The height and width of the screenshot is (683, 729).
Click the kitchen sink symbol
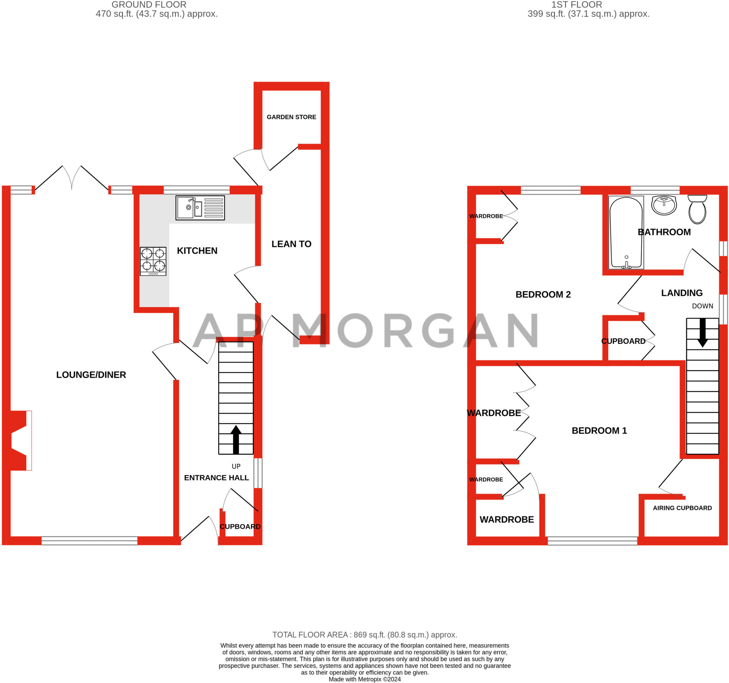point(200,208)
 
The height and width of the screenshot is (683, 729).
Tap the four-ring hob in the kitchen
point(153,261)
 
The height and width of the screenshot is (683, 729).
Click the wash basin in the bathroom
point(664,205)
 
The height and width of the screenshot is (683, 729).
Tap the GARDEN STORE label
point(291,117)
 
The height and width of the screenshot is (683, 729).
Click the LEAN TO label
point(291,244)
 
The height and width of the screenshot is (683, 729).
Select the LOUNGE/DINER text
point(91,375)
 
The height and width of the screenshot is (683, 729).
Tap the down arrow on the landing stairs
point(702,332)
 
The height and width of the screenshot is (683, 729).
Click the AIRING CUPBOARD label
point(682,508)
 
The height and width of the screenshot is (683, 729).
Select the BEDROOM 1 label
point(599,430)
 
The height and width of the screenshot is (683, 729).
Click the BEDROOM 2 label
point(543,294)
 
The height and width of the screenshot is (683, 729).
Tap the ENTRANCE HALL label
point(216,478)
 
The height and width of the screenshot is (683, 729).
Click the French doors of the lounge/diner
point(72,178)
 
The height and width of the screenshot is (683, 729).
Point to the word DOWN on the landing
point(702,306)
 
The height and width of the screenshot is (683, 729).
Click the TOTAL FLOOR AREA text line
point(364,635)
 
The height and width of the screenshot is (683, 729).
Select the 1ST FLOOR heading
point(576,5)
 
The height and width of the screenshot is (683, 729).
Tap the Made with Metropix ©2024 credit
point(364,679)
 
